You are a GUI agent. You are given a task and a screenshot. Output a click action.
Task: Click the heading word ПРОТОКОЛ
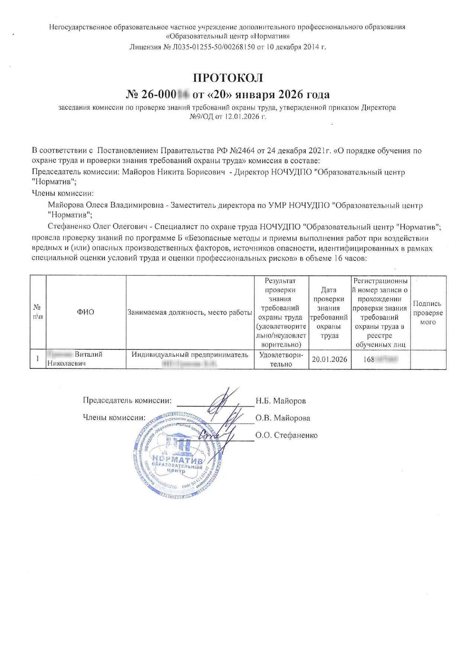click(x=228, y=78)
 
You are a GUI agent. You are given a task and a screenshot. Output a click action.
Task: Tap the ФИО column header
click(x=86, y=312)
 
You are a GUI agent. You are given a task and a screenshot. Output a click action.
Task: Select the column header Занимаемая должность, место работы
click(x=190, y=313)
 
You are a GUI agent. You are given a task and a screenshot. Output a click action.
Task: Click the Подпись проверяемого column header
click(x=428, y=313)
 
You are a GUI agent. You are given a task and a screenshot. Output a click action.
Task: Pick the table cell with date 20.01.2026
click(x=329, y=359)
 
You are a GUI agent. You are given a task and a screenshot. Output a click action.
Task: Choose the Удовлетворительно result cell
click(x=281, y=359)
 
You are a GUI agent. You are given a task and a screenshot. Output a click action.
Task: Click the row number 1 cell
click(x=38, y=359)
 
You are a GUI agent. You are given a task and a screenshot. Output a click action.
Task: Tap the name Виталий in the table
click(x=88, y=355)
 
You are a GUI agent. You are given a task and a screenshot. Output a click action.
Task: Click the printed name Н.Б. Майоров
click(x=281, y=401)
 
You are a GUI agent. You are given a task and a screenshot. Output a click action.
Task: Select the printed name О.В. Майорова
click(x=283, y=418)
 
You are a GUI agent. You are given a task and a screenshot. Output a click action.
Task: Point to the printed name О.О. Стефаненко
click(x=286, y=435)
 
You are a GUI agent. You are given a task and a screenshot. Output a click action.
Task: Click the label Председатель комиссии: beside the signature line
click(x=127, y=401)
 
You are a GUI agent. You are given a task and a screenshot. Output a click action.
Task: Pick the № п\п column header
click(x=38, y=312)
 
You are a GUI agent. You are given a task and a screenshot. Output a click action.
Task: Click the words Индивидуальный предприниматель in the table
click(x=190, y=355)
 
